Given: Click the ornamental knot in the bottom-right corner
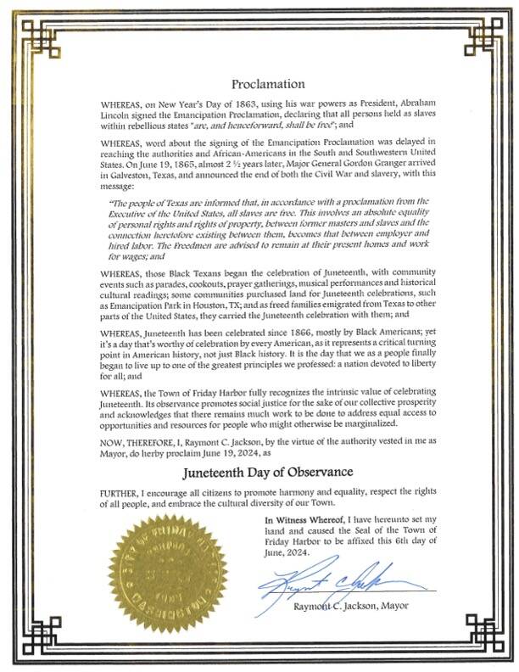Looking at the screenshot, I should tap(479, 633).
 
